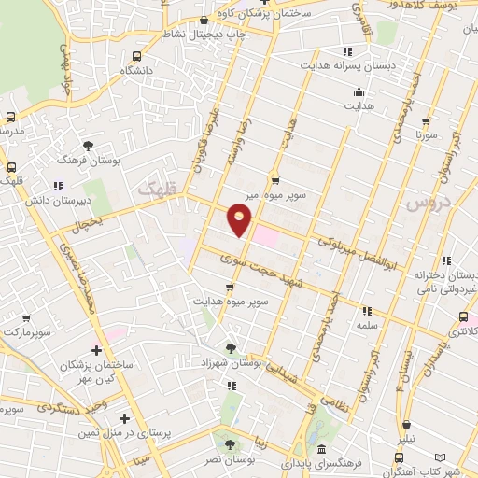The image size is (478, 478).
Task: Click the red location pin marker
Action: point(240,220)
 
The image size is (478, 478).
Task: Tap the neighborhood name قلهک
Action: point(156,188)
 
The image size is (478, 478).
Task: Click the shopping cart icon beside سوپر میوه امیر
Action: point(274,181)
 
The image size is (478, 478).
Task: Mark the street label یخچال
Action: point(89,222)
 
